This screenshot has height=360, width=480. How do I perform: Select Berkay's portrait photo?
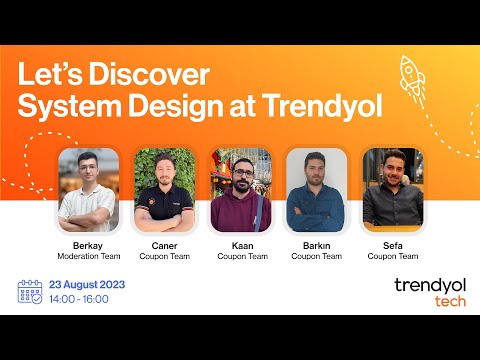pos(88,190)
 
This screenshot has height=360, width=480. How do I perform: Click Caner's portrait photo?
pos(163,190)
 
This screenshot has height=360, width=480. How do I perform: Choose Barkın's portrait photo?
pos(316,190)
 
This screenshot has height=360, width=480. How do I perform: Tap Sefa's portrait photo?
pos(391,190)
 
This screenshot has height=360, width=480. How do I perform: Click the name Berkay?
pos(88,246)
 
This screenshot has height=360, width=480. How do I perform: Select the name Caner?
pos(163,246)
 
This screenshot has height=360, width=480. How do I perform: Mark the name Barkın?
pos(316,246)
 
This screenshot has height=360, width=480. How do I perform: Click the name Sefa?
pos(391,246)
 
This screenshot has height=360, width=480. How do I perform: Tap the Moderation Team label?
pos(88,257)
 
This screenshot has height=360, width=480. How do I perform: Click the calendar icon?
pos(30,291)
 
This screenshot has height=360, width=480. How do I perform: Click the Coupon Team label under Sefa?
pos(391,257)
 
